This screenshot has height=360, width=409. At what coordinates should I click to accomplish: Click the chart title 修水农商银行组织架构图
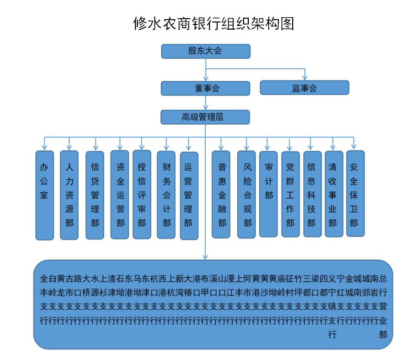pyautogui.click(x=213, y=23)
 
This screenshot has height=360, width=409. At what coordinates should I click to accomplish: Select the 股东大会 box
pyautogui.click(x=205, y=51)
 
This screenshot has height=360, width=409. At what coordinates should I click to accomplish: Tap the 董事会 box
pyautogui.click(x=205, y=88)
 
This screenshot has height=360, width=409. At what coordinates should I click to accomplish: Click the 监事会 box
pyautogui.click(x=304, y=88)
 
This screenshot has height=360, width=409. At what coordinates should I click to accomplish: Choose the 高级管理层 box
pyautogui.click(x=205, y=117)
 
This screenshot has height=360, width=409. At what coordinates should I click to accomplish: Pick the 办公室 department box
pyautogui.click(x=44, y=195)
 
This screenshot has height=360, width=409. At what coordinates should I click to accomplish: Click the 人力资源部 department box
pyautogui.click(x=69, y=195)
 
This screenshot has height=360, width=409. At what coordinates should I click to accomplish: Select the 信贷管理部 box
pyautogui.click(x=95, y=195)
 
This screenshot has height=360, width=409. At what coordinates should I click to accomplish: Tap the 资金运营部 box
pyautogui.click(x=120, y=195)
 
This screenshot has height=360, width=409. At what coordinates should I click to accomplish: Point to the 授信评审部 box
pyautogui.click(x=142, y=195)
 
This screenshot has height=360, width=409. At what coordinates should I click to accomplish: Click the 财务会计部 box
pyautogui.click(x=166, y=195)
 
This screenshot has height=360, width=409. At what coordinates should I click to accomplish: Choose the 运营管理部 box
pyautogui.click(x=188, y=195)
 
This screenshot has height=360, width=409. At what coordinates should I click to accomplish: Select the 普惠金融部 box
pyautogui.click(x=221, y=195)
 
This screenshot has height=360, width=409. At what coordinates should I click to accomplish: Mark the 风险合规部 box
pyautogui.click(x=246, y=195)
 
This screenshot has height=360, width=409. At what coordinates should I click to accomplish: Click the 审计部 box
pyautogui.click(x=268, y=194)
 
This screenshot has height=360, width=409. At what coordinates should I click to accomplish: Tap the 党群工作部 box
pyautogui.click(x=290, y=195)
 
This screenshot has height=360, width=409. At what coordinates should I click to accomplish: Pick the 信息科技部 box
pyautogui.click(x=312, y=195)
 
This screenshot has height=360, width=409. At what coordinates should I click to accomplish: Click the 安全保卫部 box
pyautogui.click(x=355, y=194)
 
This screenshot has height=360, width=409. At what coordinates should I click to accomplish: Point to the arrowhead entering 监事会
pyautogui.click(x=305, y=78)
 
